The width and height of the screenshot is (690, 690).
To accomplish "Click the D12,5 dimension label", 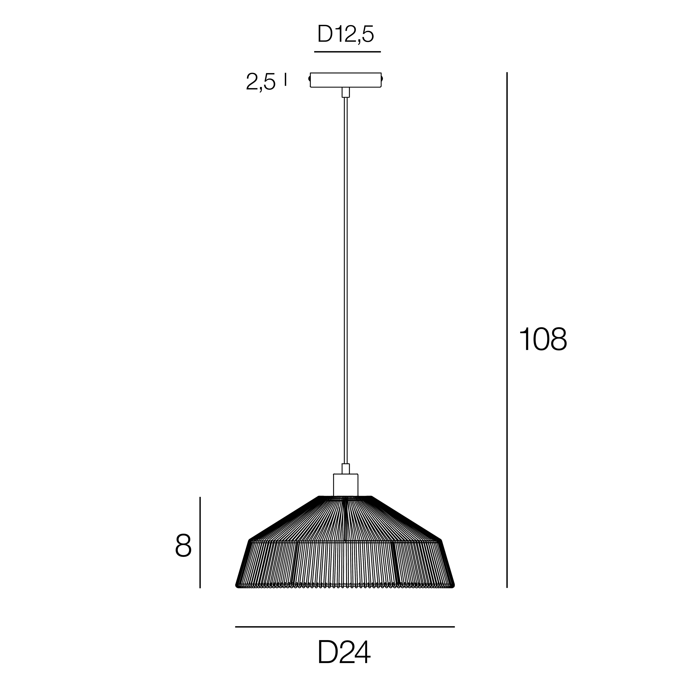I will click(345, 35).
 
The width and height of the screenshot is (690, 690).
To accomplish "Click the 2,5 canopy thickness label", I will click(261, 82).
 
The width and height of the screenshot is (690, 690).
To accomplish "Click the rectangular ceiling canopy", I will click(345, 80).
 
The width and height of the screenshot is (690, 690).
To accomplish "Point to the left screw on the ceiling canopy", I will click(309, 79).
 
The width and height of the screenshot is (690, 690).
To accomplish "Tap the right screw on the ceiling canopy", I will click(382, 79).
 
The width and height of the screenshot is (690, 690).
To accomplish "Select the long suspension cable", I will click(345, 279).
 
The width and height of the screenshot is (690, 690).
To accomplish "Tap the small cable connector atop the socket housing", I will click(345, 469).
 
